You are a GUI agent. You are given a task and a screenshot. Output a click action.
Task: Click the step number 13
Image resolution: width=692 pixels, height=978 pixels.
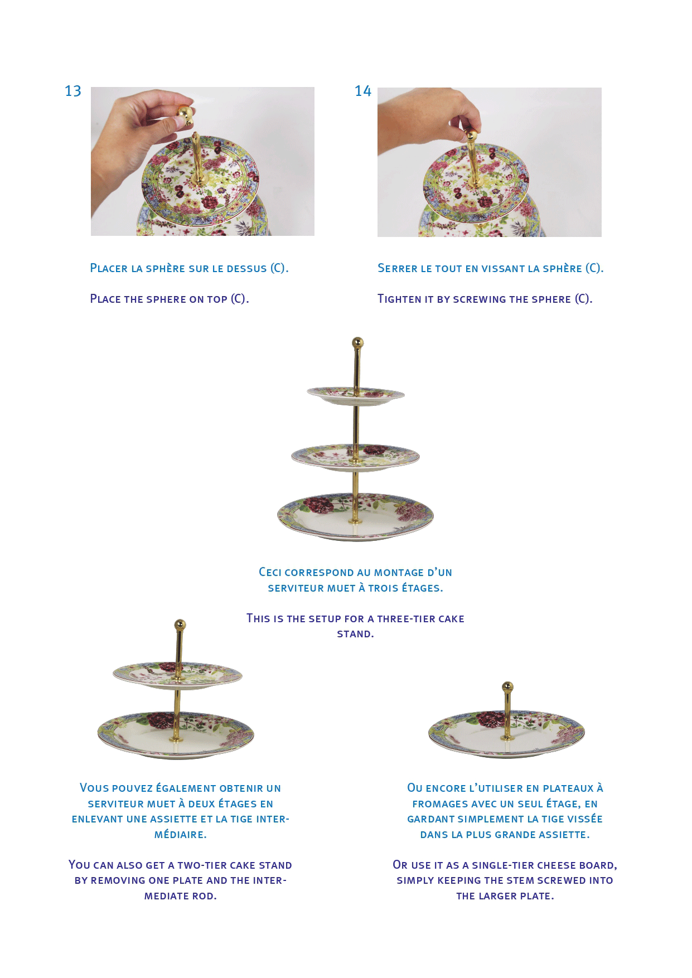pos(73,91)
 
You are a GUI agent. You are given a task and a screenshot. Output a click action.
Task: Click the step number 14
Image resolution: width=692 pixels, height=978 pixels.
pos(363,91)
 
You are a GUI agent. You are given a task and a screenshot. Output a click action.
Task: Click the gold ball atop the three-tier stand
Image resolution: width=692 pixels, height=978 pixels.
pos(357,342)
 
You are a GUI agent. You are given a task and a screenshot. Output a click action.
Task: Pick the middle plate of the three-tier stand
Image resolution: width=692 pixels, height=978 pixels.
pos(355,458)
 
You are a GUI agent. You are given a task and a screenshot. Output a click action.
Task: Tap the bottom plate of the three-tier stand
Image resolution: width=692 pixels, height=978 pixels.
pos(355,516)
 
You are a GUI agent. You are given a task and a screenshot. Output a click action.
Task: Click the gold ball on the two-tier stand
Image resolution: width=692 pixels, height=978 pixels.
pos(180,624)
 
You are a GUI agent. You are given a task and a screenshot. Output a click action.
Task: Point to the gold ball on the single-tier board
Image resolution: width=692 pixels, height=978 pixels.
pos(507,686)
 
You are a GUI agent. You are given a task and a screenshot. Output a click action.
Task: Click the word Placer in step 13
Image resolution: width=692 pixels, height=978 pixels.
pos(109,268)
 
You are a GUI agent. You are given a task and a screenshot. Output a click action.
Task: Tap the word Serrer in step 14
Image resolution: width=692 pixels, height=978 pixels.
pos(397,268)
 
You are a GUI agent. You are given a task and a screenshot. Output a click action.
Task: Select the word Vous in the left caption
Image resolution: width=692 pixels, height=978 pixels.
pos(94,788)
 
